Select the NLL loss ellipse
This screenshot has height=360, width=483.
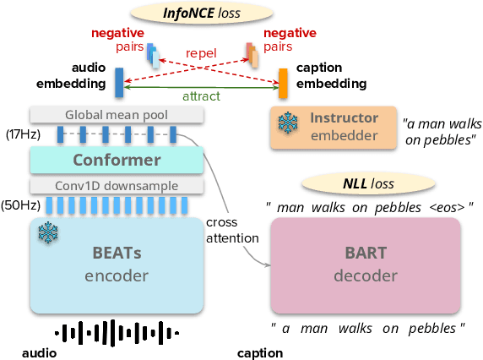[x=362, y=183]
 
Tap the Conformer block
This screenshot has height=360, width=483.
[x=117, y=160]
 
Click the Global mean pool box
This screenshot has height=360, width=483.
[x=117, y=114]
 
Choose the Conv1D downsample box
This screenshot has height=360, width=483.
[x=117, y=185]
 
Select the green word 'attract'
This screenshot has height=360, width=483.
[x=200, y=96]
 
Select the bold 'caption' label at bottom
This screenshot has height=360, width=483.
[x=260, y=352]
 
